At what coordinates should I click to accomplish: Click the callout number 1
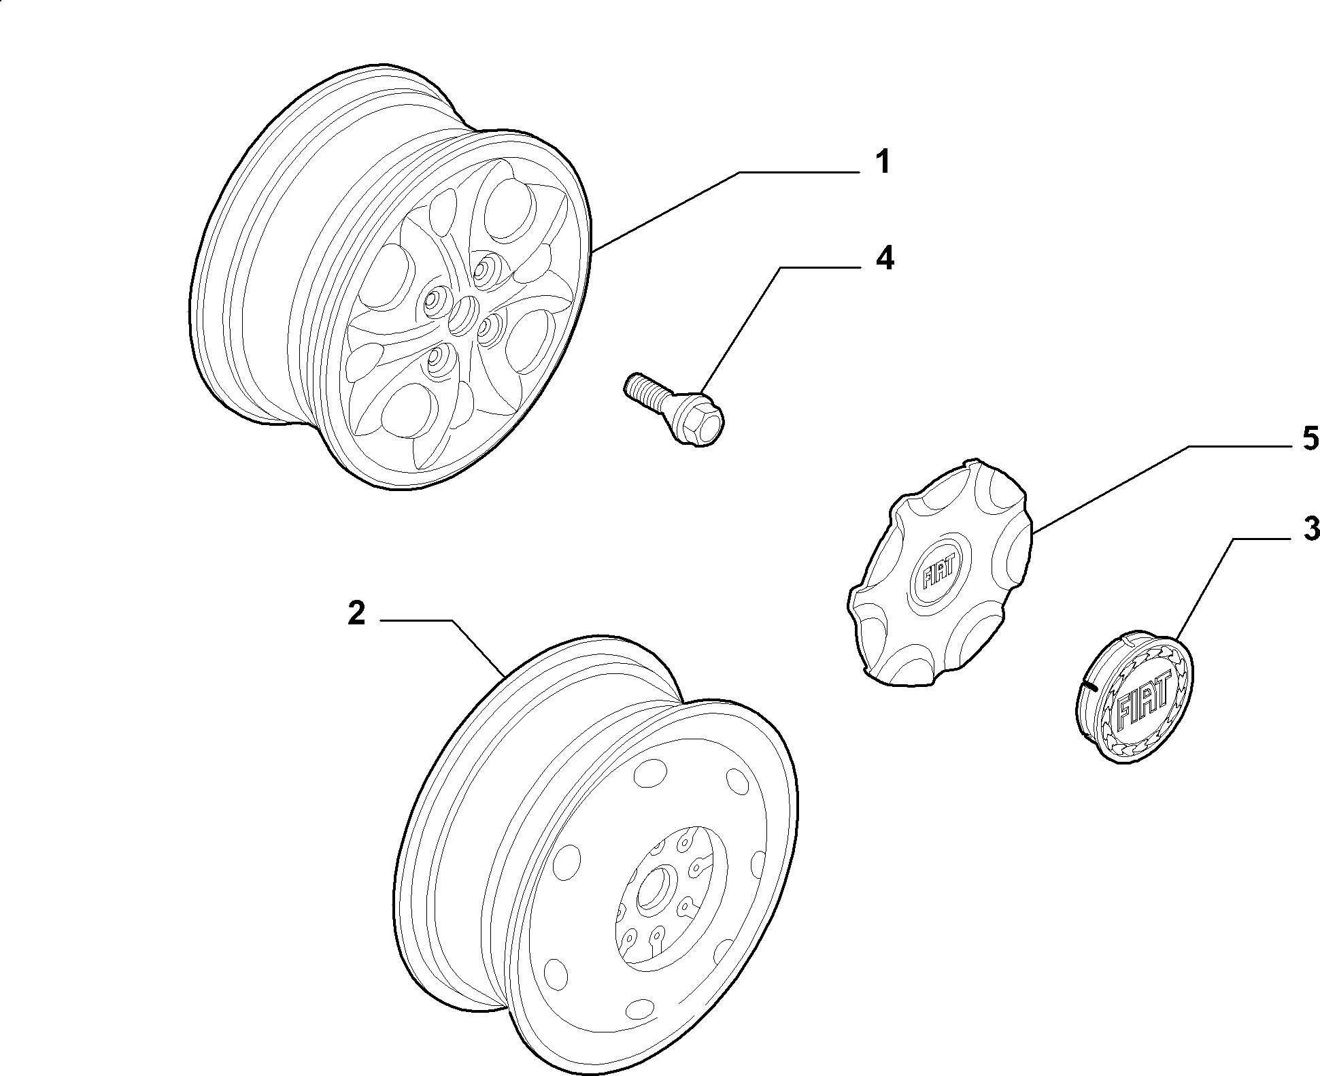point(881,163)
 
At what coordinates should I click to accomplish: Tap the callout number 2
point(357,613)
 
